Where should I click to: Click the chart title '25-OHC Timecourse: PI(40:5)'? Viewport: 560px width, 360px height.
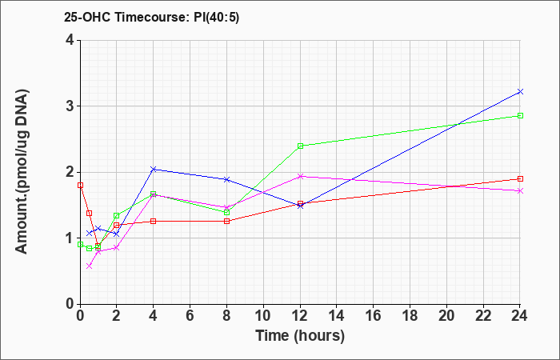[151, 17]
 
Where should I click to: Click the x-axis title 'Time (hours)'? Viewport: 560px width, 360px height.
[300, 336]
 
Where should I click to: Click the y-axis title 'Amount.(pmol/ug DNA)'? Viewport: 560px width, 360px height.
[22, 171]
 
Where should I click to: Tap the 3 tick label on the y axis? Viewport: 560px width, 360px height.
[70, 106]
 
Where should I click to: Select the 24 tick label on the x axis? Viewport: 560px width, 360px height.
[520, 316]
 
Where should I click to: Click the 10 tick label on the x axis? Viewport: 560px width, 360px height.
[263, 316]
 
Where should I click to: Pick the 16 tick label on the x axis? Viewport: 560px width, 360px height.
[374, 316]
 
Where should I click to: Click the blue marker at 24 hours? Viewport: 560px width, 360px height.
[520, 92]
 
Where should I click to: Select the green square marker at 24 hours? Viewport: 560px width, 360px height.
[520, 116]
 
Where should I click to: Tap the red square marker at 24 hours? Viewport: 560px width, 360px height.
[520, 179]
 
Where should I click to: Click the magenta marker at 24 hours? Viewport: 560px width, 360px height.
[520, 190]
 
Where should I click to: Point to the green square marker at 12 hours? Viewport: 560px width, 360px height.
[300, 146]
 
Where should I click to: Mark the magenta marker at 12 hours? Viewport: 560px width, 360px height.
[300, 176]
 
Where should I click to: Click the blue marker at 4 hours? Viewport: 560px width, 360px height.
[154, 169]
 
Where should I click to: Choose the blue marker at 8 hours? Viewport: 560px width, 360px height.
[226, 179]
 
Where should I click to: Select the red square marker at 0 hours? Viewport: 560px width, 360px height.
[80, 186]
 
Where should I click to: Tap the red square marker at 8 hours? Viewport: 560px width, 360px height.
[226, 221]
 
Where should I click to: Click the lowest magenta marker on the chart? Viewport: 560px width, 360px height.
[90, 266]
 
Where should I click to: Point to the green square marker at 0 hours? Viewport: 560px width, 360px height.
[80, 245]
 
